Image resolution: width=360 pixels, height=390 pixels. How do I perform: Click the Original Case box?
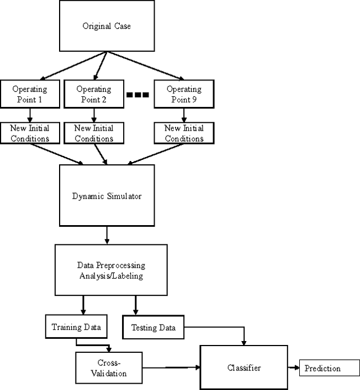pos(106,26)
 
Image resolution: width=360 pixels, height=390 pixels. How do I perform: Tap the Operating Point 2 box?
pos(94,93)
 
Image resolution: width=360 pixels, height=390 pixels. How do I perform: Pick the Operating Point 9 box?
pos(184,93)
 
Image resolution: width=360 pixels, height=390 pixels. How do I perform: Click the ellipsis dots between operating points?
pos(137,95)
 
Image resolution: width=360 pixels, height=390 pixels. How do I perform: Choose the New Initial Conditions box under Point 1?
pos(29,133)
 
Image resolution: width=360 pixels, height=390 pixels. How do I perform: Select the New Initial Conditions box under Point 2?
pos(94,133)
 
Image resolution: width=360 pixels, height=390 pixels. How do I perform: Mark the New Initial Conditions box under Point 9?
pos(184,133)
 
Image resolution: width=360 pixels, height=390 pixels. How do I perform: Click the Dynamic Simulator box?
pos(106,196)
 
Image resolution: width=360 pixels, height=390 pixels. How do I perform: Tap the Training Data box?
pos(74,326)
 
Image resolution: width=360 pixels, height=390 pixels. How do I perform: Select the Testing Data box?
pos(153,328)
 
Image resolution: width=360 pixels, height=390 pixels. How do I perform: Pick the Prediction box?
pos(323,369)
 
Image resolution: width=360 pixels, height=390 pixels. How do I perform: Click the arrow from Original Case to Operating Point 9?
pos(146,66)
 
